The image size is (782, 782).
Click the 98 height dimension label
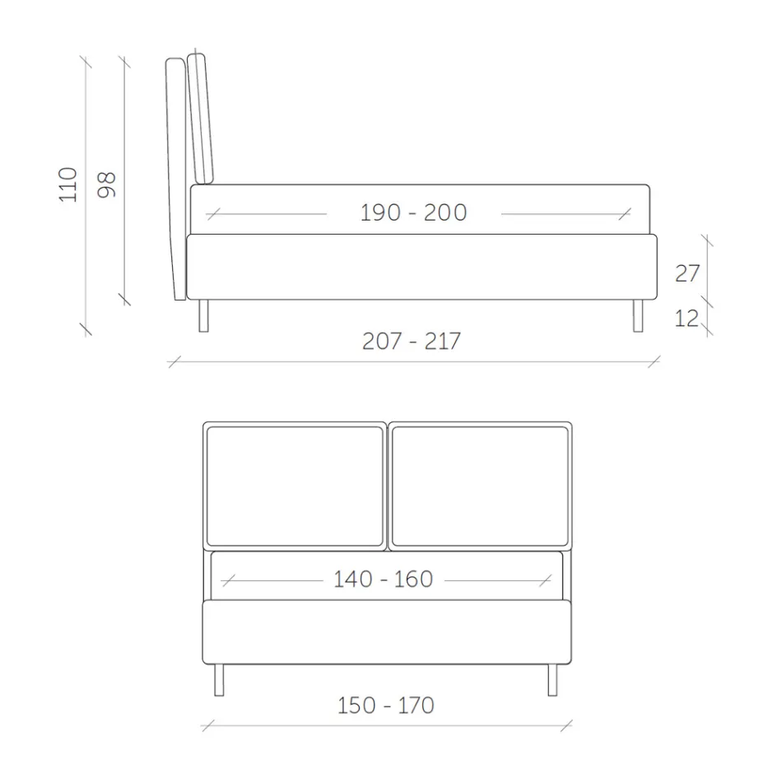coord(107,184)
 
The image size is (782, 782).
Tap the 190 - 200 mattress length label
coord(413,212)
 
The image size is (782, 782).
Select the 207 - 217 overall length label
coord(412,341)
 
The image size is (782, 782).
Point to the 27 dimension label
coord(687,273)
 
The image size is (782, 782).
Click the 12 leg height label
coord(687,319)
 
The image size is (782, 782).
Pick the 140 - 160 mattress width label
coord(383,580)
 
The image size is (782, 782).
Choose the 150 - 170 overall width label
coord(385,705)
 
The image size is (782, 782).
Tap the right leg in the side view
coord(637,315)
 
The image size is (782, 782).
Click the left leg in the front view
coord(218,680)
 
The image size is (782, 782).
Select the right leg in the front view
coord(552,680)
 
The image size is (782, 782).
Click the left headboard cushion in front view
coord(296,485)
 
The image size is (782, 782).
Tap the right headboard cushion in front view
coord(479,485)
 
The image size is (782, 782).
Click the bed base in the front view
coord(387,632)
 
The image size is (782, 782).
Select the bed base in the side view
coord(421,267)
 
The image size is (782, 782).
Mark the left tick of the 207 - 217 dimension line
coord(174,361)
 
